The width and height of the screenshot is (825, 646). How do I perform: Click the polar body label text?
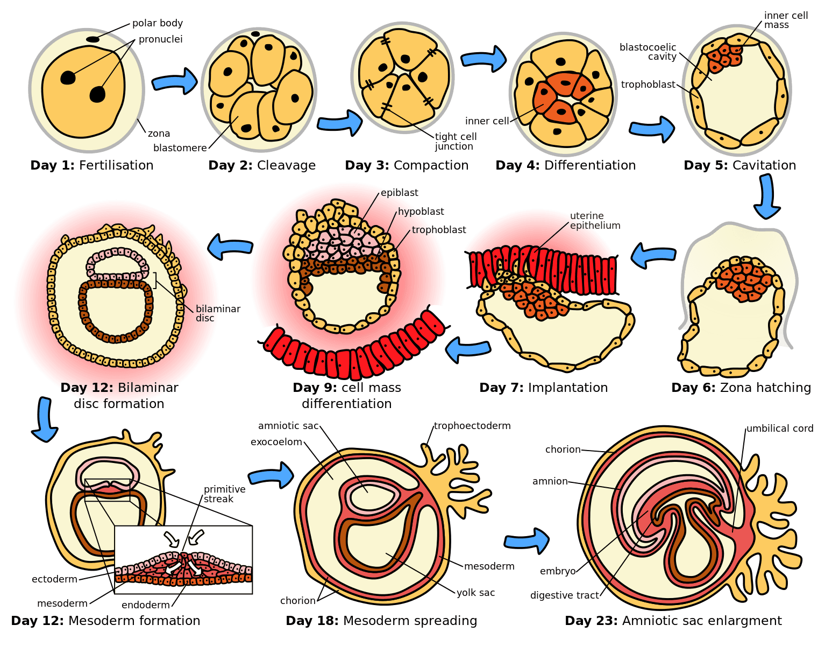point(157,23)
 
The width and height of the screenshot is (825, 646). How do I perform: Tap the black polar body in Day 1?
point(93,39)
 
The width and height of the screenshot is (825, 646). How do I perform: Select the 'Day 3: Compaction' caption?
point(407,165)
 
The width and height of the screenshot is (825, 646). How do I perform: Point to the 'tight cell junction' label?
point(455,142)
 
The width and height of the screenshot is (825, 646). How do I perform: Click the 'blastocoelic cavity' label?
point(648,52)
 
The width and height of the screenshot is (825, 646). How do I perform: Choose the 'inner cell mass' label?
point(785,20)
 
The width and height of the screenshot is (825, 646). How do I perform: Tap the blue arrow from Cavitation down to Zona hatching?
point(766,196)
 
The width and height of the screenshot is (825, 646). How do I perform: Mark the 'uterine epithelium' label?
point(595,221)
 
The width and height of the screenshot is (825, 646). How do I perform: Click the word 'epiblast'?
point(399,193)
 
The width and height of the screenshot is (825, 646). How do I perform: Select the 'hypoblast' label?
point(421,212)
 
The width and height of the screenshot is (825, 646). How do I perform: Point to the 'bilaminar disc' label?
point(218,313)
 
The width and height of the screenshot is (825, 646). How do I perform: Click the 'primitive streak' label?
point(224,494)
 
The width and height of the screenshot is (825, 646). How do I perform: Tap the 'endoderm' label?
point(145,605)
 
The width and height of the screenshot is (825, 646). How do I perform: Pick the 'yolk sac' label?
point(475,593)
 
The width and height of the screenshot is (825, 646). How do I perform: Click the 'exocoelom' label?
point(276,442)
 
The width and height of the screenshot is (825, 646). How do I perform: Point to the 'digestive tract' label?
point(564,595)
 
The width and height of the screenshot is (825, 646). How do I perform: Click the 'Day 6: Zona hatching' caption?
point(741,388)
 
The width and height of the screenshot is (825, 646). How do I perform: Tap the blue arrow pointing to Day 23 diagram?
point(527,540)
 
